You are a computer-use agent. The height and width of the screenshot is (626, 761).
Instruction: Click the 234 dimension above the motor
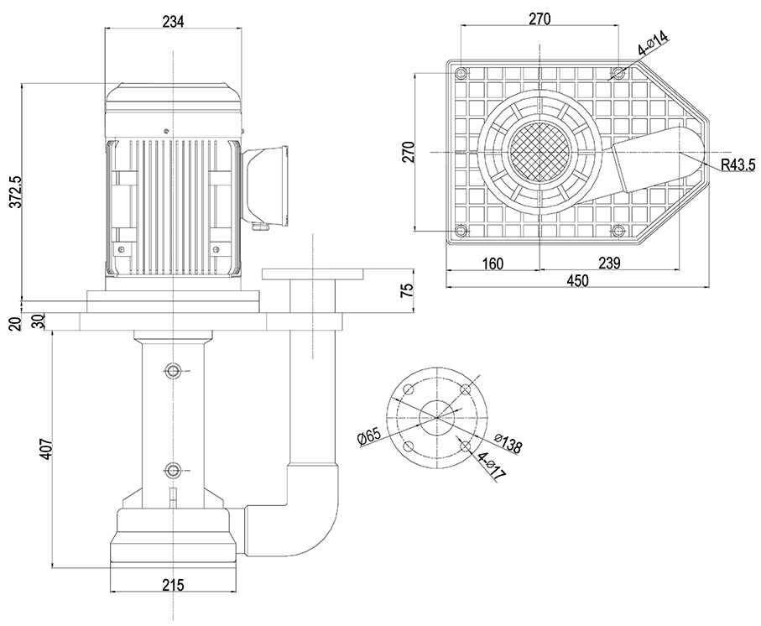point(173,21)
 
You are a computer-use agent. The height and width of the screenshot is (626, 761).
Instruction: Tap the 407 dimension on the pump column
point(44,450)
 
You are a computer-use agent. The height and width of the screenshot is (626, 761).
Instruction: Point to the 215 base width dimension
point(172,584)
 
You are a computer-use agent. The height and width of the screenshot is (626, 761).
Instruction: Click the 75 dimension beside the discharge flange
point(407,290)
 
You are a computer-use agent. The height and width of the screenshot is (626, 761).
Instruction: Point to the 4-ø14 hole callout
point(653,43)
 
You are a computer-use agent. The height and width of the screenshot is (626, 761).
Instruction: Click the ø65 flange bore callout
point(369,436)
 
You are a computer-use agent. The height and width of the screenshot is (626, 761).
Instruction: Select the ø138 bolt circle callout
point(508,444)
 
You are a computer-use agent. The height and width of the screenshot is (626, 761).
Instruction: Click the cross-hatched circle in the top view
point(539,152)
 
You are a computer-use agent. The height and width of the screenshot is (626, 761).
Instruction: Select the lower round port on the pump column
point(173,470)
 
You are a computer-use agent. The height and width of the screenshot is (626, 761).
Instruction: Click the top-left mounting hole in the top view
point(460,73)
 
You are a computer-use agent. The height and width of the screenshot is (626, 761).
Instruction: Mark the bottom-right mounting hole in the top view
point(618,231)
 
